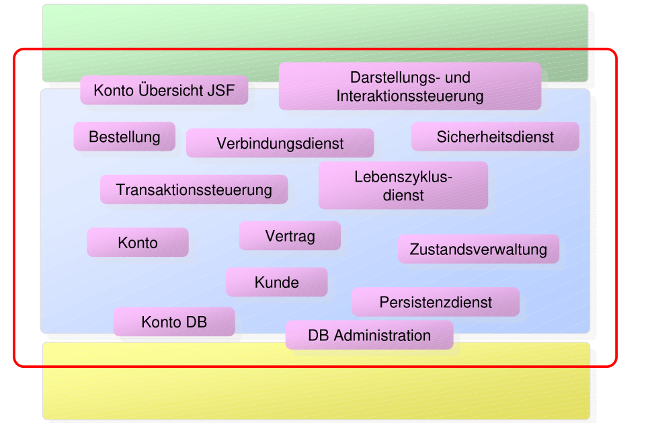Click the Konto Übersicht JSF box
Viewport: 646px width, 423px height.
click(164, 90)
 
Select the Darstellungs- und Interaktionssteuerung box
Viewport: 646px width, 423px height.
click(409, 86)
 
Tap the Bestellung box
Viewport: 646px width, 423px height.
click(124, 137)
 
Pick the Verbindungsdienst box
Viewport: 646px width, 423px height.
click(280, 143)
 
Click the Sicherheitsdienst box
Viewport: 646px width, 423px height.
click(495, 137)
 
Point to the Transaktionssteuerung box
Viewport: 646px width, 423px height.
click(194, 190)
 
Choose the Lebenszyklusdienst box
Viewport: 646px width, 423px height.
click(403, 186)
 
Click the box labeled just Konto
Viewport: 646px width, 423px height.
click(137, 243)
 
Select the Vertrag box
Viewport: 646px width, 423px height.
click(290, 236)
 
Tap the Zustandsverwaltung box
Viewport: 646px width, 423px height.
click(478, 249)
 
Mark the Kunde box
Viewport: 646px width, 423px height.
click(276, 282)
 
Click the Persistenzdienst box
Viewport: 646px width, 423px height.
click(436, 303)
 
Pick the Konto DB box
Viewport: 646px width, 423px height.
click(173, 322)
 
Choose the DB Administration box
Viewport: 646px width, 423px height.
click(369, 335)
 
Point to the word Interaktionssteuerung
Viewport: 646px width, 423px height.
click(409, 95)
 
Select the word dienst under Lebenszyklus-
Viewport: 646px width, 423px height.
click(403, 195)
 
